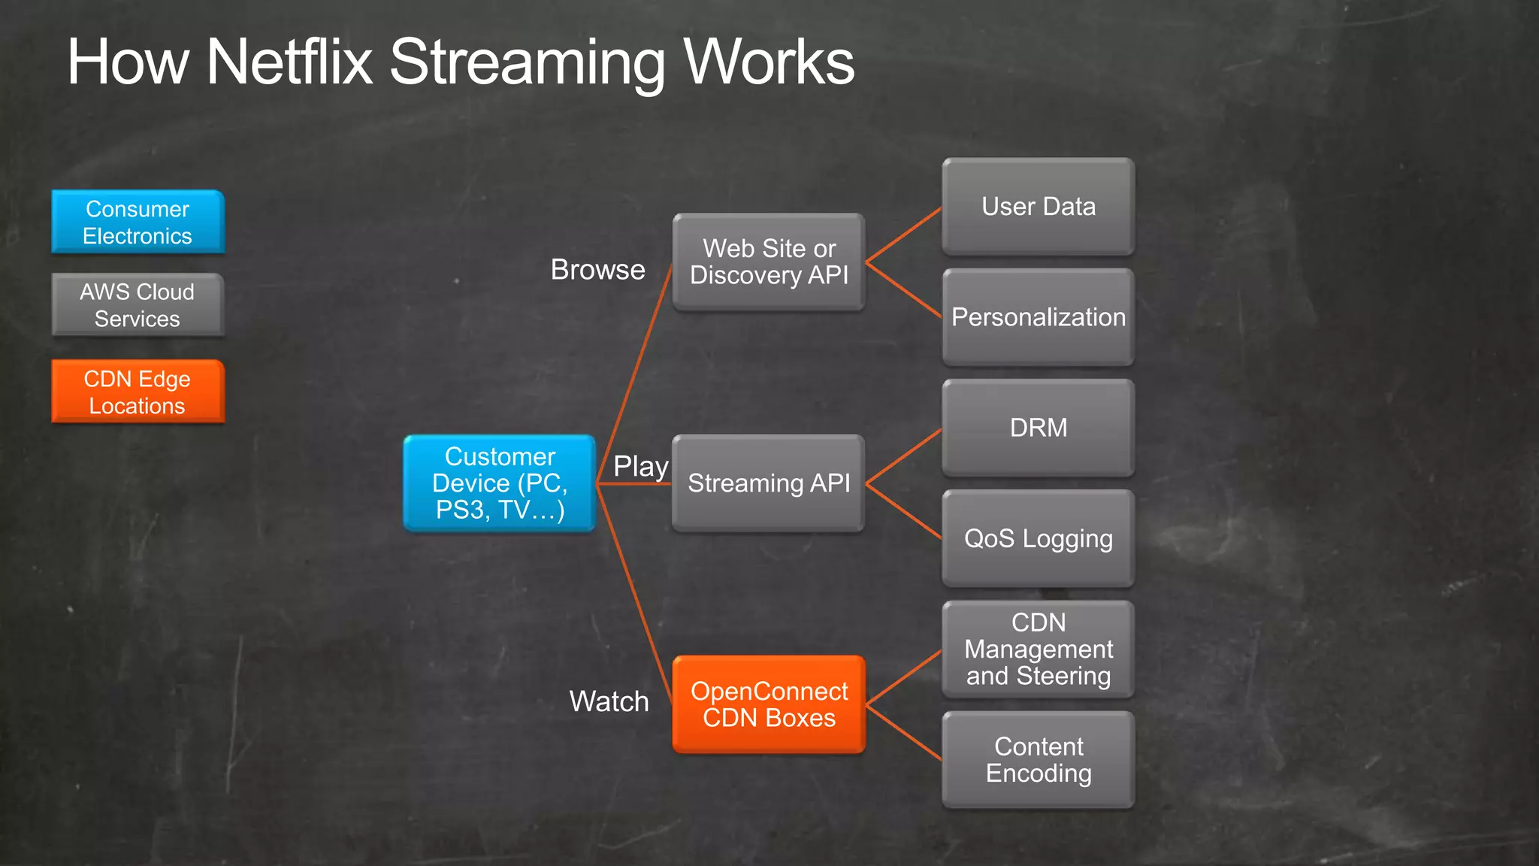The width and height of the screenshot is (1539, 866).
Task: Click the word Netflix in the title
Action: (289, 62)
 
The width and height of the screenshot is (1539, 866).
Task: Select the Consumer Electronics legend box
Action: (138, 222)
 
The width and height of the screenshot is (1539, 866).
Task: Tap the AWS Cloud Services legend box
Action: (138, 304)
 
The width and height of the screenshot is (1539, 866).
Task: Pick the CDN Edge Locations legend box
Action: (138, 392)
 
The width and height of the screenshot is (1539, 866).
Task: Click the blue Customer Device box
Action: (500, 483)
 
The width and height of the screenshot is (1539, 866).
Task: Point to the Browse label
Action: (597, 269)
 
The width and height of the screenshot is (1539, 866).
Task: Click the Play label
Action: (640, 466)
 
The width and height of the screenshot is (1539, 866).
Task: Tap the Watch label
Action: (609, 701)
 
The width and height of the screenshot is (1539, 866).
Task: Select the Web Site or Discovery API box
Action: (769, 262)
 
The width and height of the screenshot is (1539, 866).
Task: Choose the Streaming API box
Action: (769, 483)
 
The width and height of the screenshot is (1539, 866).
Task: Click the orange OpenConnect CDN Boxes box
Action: (769, 704)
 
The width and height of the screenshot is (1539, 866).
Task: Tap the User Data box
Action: (1039, 207)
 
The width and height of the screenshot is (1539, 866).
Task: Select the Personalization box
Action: (1039, 317)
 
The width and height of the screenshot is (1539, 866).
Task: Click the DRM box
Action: (1039, 428)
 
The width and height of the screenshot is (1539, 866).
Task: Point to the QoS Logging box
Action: (1039, 538)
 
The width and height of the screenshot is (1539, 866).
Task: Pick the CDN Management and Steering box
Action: (1039, 649)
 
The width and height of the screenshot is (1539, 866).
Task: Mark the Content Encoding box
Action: (1039, 760)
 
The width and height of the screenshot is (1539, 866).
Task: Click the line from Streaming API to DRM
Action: (904, 456)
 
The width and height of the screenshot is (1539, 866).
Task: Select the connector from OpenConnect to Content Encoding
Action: (904, 732)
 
